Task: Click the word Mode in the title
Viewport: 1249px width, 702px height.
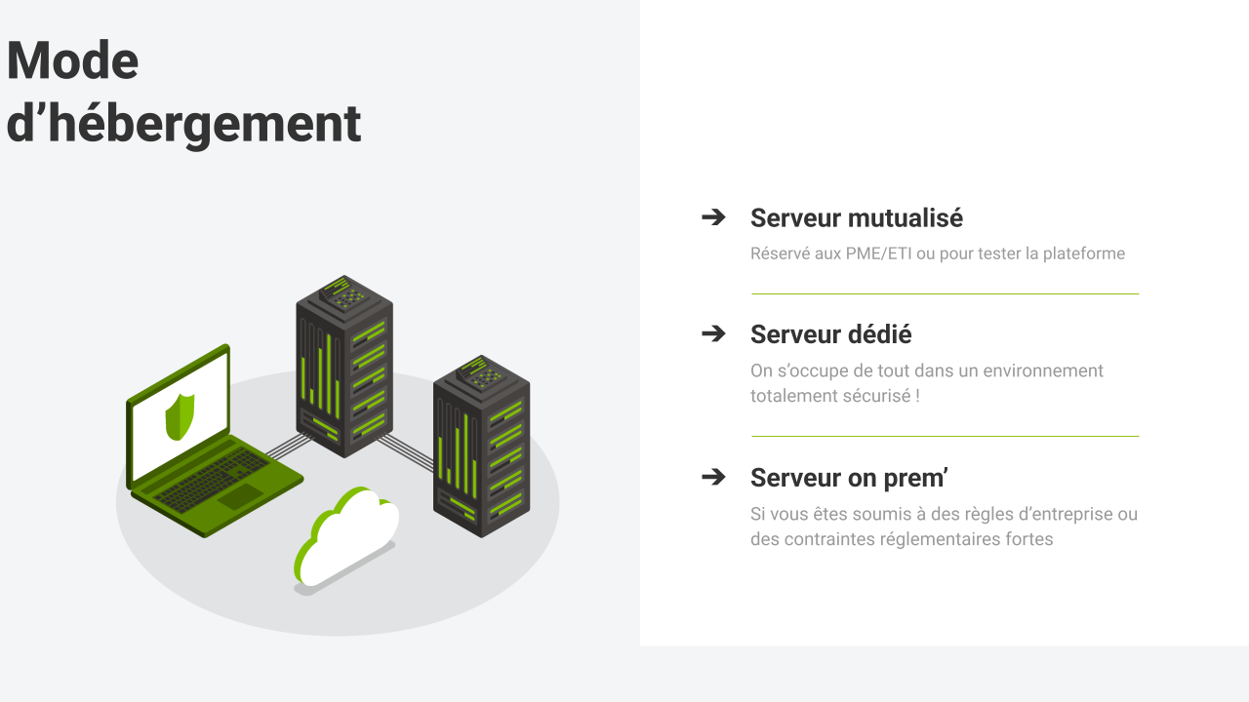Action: coord(72,60)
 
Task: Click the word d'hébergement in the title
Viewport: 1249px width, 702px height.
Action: coord(183,124)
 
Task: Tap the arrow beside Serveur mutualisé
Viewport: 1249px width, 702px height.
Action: coord(713,217)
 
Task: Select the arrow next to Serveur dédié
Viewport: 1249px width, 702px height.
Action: coord(713,333)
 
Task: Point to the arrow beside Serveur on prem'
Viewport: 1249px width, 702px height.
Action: coord(713,477)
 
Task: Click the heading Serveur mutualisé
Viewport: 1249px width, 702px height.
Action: coord(856,217)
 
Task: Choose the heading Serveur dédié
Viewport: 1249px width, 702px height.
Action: coord(830,334)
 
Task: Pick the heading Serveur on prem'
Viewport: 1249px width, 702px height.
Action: coord(849,478)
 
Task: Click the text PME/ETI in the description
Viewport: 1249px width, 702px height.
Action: coord(878,253)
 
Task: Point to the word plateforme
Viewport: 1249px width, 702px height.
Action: coord(1083,253)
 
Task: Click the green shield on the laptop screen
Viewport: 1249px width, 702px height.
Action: coord(180,416)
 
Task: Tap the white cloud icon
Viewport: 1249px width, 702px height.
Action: coord(349,536)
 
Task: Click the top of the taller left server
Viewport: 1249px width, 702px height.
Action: coord(343,292)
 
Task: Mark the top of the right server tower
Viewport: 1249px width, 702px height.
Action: coord(481,372)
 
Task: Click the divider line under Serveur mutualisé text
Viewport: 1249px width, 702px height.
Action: coord(945,293)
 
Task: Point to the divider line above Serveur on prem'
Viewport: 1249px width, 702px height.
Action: coord(945,436)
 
